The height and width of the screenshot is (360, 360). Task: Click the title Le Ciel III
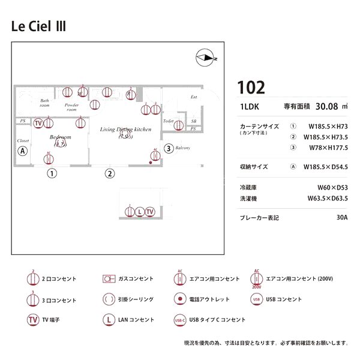(39, 26)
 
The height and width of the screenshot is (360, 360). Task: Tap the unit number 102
(251, 88)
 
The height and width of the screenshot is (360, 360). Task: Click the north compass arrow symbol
(206, 58)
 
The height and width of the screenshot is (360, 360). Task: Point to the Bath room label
(44, 103)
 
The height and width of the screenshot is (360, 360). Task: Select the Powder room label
(71, 107)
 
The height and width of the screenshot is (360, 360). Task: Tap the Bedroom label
(60, 137)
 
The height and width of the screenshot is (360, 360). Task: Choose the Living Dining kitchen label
(125, 129)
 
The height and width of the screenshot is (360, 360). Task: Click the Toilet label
(168, 121)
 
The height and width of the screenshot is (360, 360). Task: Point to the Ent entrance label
(194, 97)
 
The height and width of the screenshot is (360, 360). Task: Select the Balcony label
(183, 148)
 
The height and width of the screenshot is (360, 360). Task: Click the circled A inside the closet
(23, 151)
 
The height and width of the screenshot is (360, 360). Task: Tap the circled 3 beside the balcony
(169, 148)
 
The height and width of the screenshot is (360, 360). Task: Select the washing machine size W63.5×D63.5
(328, 198)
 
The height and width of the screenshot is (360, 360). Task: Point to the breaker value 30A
(342, 218)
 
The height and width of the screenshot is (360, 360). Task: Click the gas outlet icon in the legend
(109, 279)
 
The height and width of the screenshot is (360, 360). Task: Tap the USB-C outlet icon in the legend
(179, 320)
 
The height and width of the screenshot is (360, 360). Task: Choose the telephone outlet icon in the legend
(179, 299)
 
